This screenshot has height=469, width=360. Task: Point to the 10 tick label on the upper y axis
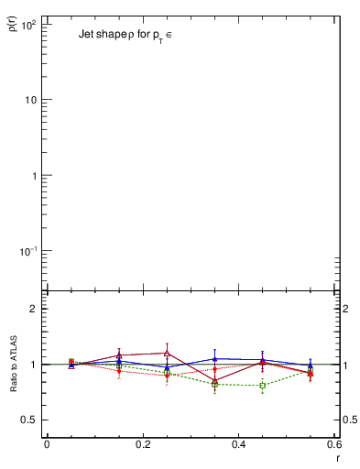(x=29, y=100)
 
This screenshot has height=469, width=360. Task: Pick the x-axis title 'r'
(x=338, y=457)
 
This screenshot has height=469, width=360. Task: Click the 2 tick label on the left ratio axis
(x=33, y=309)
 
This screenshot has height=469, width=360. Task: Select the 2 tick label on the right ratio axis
(x=346, y=309)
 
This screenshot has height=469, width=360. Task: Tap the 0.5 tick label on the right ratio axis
(x=349, y=420)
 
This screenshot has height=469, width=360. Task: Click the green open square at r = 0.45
(x=263, y=386)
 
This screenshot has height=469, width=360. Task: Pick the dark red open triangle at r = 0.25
(x=167, y=353)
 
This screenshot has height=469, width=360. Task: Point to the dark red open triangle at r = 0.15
(x=119, y=355)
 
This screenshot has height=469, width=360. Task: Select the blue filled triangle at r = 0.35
(x=214, y=359)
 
